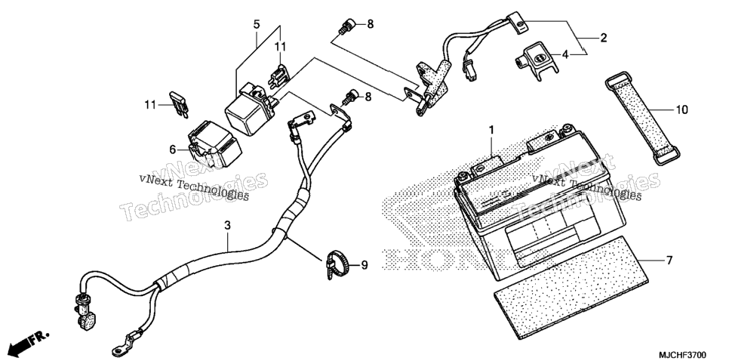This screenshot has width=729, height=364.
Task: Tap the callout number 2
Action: [604, 39]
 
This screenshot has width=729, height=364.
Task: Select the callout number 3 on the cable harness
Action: [227, 226]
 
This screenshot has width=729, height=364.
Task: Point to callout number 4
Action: [565, 55]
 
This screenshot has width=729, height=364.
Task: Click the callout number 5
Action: [257, 24]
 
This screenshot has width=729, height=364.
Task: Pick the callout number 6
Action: [173, 150]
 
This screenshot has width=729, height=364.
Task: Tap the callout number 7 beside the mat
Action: [669, 261]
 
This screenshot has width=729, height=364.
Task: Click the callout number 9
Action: [364, 265]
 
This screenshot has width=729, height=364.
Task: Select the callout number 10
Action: [681, 110]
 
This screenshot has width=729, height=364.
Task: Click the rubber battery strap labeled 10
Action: [642, 119]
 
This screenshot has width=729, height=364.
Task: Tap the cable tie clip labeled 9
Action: [338, 265]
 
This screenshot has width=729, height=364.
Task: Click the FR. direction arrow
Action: [29, 341]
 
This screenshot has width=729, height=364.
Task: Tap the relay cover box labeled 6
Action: [214, 143]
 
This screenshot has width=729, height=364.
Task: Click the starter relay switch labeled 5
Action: [251, 109]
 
